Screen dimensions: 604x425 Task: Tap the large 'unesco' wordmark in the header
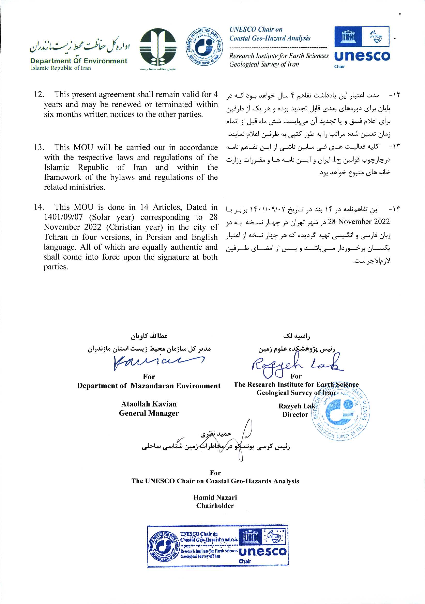362,56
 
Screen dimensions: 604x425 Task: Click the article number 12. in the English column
39,94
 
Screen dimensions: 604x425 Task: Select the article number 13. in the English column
39,147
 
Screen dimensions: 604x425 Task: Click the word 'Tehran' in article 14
56,237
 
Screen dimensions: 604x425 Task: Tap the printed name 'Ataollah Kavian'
149,404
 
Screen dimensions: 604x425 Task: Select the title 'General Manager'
149,413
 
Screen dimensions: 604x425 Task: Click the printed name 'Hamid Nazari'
215,497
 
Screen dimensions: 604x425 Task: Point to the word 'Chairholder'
215,505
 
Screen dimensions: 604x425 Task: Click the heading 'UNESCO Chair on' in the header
256,29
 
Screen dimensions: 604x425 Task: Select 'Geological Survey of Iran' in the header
264,64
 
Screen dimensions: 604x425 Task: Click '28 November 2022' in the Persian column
359,222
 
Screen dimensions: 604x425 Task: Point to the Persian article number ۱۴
394,209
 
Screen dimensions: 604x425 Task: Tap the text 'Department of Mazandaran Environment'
149,386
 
